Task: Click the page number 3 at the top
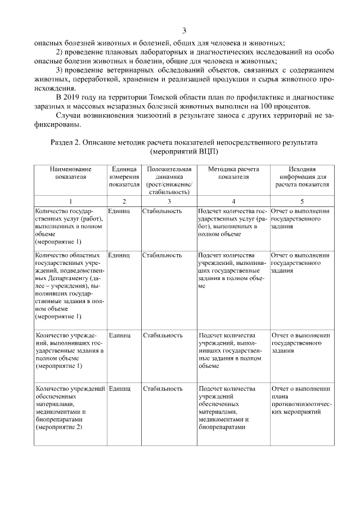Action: coord(184,30)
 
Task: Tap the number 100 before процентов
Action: coord(280,107)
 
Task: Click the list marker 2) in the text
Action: coord(60,52)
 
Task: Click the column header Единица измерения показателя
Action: coord(124,176)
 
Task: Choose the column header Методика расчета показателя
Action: coord(232,173)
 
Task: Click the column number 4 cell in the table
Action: coord(233,200)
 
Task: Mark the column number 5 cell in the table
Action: coord(302,200)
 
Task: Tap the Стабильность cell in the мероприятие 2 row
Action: coord(163,389)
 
